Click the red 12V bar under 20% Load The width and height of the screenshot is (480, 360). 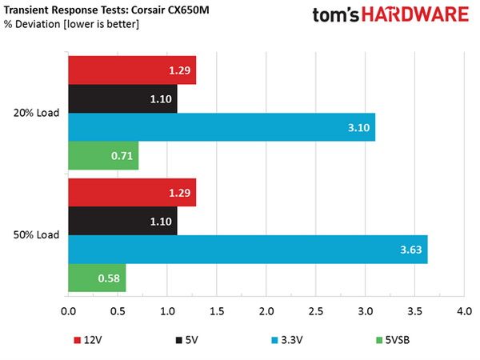click(132, 70)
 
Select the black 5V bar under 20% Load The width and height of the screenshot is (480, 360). click(122, 98)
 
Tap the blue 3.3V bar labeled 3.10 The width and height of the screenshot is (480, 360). click(222, 127)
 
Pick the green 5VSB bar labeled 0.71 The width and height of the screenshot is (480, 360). click(103, 155)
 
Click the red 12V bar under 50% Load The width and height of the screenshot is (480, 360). click(132, 193)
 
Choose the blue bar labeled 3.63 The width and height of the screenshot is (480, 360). click(248, 249)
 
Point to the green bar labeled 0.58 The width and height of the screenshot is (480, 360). click(97, 278)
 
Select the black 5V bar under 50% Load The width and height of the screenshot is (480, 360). click(122, 221)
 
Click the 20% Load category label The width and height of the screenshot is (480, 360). click(36, 113)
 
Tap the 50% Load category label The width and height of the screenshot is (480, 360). click(36, 234)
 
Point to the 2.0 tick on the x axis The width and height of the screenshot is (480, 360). click(266, 311)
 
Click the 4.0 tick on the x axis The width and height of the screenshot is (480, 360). click(464, 311)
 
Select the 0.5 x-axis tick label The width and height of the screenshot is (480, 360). click(118, 311)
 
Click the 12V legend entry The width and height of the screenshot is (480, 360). click(88, 340)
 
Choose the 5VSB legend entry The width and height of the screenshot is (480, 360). click(393, 340)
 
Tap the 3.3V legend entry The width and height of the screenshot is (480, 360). click(287, 340)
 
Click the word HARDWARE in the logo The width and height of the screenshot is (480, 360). click(415, 14)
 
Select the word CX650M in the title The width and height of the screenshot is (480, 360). click(188, 10)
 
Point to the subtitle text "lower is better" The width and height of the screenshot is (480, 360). click(102, 24)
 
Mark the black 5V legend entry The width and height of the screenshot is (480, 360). click(186, 340)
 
